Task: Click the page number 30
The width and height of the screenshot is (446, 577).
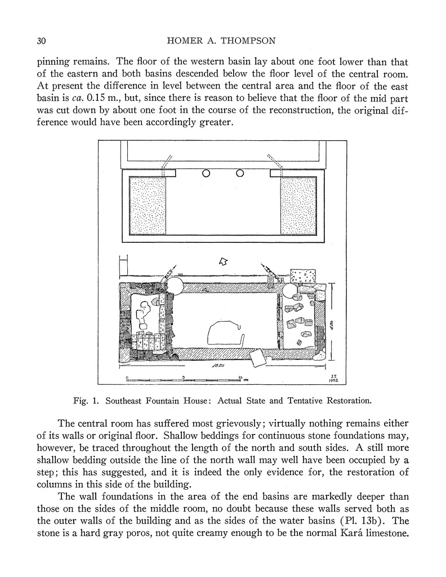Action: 41,41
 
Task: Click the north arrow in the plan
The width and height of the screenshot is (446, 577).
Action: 223,261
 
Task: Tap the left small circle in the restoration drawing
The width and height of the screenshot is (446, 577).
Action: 206,174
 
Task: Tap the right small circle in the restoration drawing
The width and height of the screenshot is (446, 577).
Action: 240,174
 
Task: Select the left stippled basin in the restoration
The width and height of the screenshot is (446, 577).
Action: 148,206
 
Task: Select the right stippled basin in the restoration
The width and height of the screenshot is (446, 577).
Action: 298,206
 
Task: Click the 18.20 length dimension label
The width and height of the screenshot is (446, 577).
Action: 220,366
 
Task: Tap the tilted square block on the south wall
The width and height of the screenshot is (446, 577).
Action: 258,357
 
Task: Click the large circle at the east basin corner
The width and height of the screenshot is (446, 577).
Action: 292,291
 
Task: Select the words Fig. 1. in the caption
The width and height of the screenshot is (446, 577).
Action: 86,401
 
